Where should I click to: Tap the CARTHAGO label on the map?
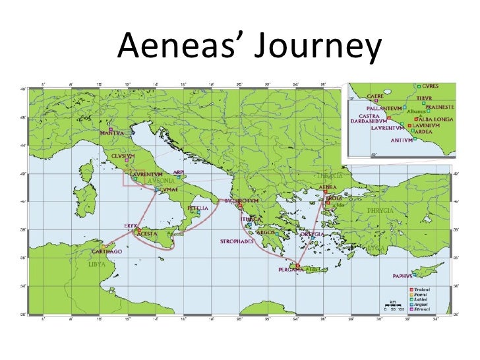tap(105, 252)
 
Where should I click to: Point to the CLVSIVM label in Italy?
tap(123, 156)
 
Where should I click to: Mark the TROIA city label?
tap(335, 197)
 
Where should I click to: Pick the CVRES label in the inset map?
tap(429, 86)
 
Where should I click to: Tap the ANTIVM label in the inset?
tap(400, 140)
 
